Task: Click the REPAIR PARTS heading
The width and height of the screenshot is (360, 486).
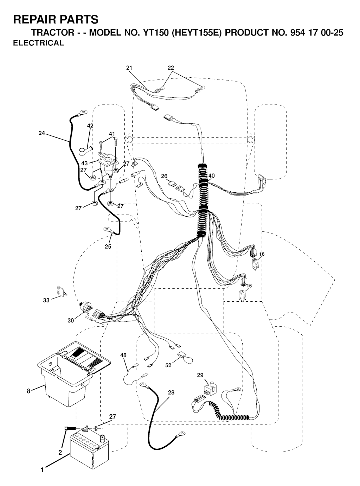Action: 56,19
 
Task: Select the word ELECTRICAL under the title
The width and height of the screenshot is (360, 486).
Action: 39,43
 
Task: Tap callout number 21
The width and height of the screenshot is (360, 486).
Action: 129,68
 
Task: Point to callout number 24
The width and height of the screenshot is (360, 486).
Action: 42,133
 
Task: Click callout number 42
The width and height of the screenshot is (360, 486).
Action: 90,126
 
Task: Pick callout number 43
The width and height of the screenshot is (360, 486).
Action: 84,163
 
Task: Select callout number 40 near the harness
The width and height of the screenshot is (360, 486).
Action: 211,176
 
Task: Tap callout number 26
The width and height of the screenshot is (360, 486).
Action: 164,176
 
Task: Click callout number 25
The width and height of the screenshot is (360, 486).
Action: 108,247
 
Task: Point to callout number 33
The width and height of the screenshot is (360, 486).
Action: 46,300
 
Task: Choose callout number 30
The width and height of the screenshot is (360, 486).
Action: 71,321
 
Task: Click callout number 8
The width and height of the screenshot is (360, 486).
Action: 28,391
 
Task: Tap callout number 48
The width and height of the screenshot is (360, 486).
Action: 123,355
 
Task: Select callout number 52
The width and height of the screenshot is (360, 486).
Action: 168,365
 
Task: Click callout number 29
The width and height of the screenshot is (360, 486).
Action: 200,375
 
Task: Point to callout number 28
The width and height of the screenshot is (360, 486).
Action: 171,392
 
